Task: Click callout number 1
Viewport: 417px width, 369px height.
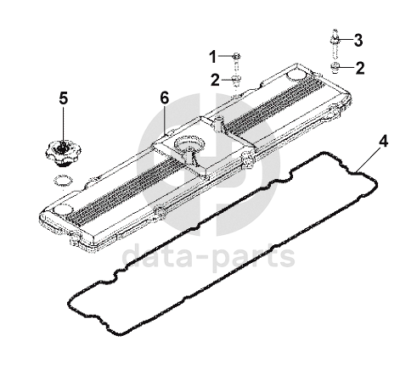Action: point(213,57)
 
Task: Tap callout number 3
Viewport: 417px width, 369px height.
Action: point(358,40)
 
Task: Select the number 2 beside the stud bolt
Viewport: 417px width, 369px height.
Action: point(360,68)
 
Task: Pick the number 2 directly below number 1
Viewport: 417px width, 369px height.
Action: point(215,80)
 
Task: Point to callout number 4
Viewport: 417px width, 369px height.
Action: point(383,142)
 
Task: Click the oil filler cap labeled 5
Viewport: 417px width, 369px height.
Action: point(63,153)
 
